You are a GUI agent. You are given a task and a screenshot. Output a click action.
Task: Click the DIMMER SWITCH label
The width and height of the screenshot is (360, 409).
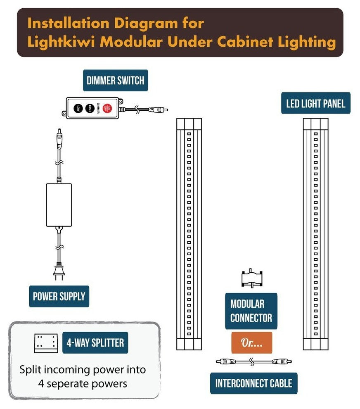tap(115, 80)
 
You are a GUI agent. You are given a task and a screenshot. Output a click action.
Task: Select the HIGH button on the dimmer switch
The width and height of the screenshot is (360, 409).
tap(89, 108)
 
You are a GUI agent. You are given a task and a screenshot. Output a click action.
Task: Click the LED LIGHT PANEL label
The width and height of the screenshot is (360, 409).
tap(315, 103)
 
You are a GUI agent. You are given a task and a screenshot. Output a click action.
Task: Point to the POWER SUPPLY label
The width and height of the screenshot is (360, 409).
tap(59, 296)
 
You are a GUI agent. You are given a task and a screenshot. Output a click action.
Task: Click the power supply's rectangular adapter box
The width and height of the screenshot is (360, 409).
tap(59, 205)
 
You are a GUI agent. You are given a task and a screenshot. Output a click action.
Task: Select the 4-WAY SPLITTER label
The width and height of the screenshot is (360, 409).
tap(95, 342)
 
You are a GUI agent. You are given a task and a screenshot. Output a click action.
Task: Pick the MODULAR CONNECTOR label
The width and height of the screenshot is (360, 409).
tap(251, 311)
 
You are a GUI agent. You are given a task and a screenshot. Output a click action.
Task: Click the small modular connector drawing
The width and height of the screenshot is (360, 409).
tap(252, 278)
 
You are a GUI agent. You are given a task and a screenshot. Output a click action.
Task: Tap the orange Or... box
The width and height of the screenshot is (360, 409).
tap(251, 342)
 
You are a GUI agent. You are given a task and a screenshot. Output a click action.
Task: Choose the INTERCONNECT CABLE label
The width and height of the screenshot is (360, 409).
tap(253, 383)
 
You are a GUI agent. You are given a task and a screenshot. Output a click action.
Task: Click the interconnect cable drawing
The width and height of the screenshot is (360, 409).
tap(254, 361)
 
